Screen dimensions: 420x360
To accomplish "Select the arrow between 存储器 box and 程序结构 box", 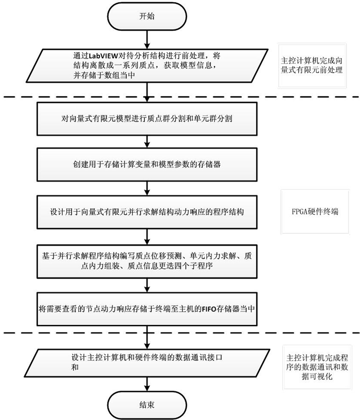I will click(146, 188).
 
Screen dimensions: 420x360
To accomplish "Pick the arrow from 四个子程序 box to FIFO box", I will click(146, 285).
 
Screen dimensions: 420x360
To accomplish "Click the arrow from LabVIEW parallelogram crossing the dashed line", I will click(146, 93).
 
